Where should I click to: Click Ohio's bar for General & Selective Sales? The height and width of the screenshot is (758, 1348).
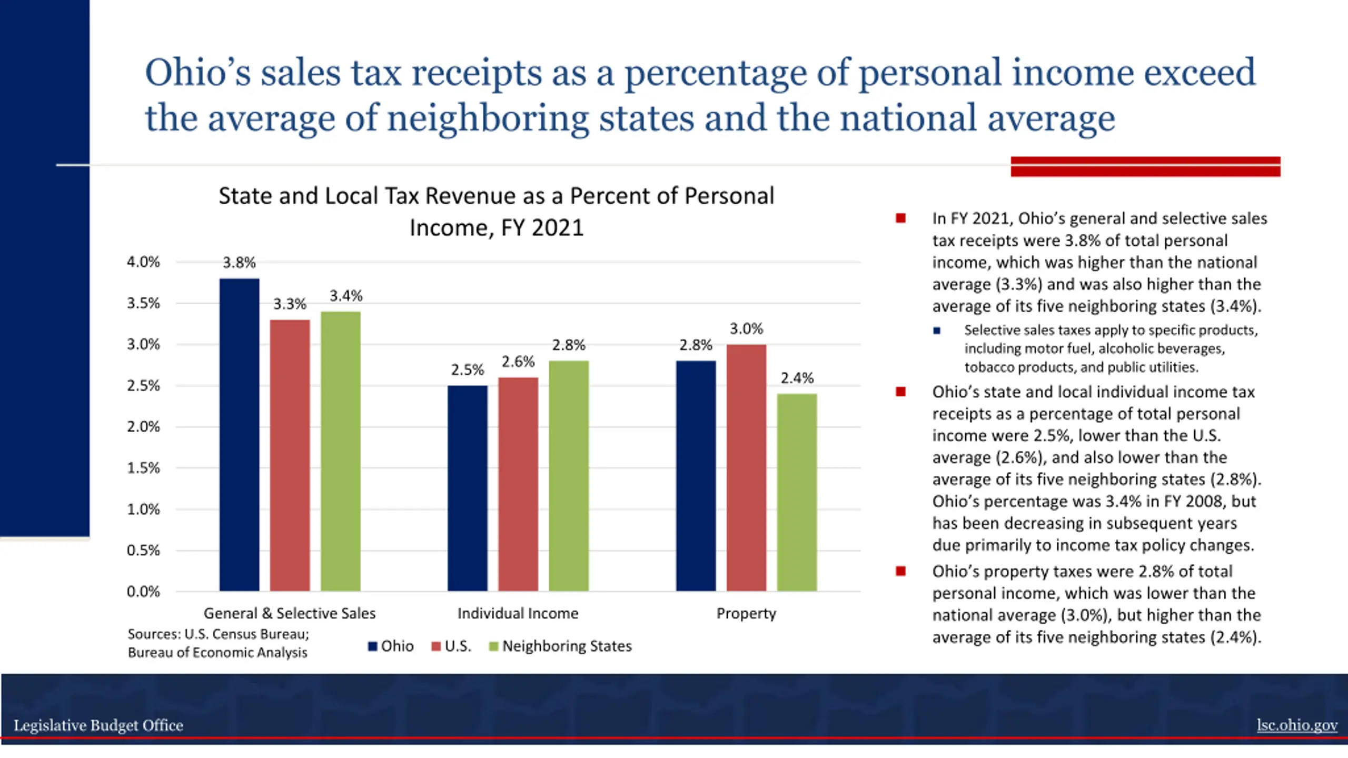pos(239,434)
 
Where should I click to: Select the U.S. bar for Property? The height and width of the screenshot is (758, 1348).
pos(746,467)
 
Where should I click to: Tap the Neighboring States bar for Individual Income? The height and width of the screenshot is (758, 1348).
pos(569,475)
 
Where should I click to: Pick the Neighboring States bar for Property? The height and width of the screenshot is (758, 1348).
pos(797,492)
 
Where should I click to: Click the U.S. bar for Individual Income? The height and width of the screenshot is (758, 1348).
pos(518,484)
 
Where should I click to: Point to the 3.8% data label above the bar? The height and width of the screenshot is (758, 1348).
pos(239,262)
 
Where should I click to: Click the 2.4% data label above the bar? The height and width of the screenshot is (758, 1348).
pos(797,378)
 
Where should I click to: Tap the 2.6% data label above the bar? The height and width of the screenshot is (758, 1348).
pos(518,362)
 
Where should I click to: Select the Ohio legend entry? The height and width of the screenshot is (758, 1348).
pos(391,646)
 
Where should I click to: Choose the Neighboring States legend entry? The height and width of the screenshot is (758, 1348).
pos(560,646)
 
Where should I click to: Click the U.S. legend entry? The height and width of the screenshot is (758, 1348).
pos(451,646)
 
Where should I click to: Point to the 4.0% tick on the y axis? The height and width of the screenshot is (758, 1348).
pos(143,262)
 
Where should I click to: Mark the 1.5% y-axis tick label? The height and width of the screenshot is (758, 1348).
pos(143,468)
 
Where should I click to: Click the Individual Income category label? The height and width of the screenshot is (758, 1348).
pos(518,613)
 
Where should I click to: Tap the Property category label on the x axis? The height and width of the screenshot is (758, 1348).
pos(746,613)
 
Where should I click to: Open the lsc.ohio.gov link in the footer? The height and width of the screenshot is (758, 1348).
pos(1297,725)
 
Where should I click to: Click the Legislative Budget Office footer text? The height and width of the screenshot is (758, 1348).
pos(98,725)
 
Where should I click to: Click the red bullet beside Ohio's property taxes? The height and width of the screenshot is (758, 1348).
pos(900,571)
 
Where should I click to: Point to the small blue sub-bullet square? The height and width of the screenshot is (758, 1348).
pos(937,331)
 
